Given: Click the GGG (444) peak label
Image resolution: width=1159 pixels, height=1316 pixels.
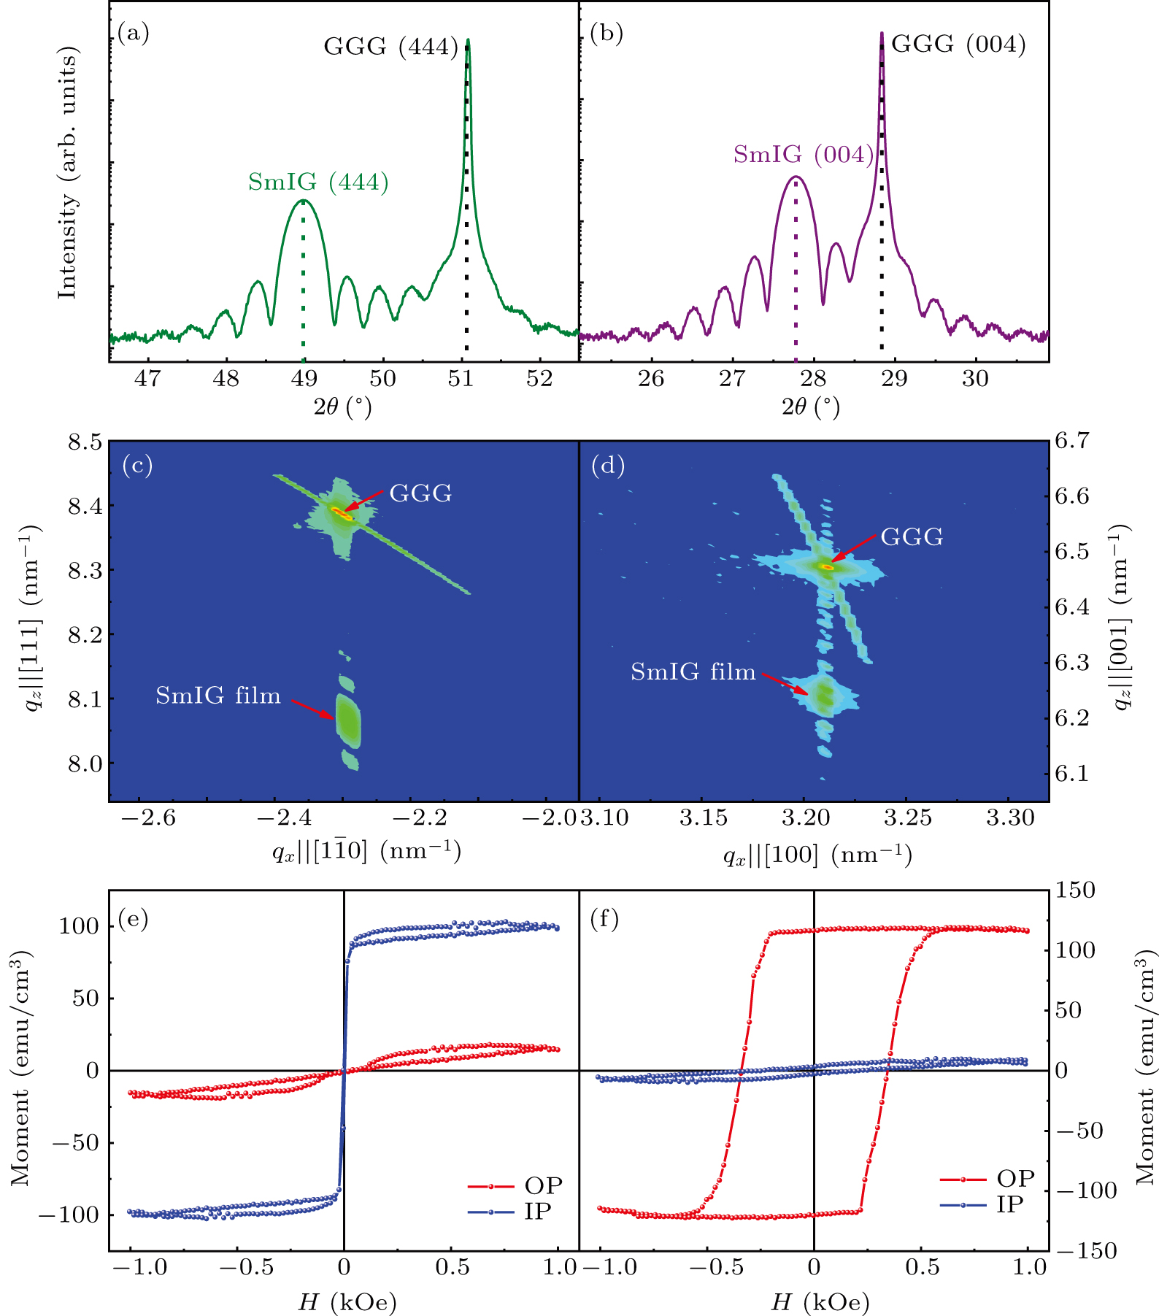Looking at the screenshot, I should point(390,47).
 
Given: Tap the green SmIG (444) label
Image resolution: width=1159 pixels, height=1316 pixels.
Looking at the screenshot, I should point(318,182).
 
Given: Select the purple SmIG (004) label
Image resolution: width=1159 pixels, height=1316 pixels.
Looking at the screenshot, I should point(804,155).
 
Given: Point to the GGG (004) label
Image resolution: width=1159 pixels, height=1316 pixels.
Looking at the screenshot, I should point(958,45).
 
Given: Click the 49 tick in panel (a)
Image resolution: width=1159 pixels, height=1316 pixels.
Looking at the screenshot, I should point(304,379).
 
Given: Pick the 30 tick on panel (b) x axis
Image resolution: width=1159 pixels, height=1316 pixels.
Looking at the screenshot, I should point(974,379).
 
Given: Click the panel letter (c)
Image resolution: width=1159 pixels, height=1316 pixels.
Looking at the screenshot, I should point(137,465).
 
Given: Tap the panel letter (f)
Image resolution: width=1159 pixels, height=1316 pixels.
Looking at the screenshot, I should point(604,919).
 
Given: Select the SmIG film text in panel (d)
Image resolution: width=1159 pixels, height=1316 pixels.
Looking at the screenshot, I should point(693,672).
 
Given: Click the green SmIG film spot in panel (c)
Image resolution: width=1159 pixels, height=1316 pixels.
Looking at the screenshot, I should point(348,718).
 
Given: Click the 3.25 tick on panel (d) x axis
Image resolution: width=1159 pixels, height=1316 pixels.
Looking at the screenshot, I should point(907,818).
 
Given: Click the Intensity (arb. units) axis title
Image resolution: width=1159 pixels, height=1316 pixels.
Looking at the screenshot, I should point(67,173).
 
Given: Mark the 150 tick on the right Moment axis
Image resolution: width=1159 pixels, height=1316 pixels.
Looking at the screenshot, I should point(1074,890).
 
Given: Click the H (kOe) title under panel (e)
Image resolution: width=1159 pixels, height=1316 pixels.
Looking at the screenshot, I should point(347,1301).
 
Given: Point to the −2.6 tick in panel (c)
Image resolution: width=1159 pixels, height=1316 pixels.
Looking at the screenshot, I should point(148,818).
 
